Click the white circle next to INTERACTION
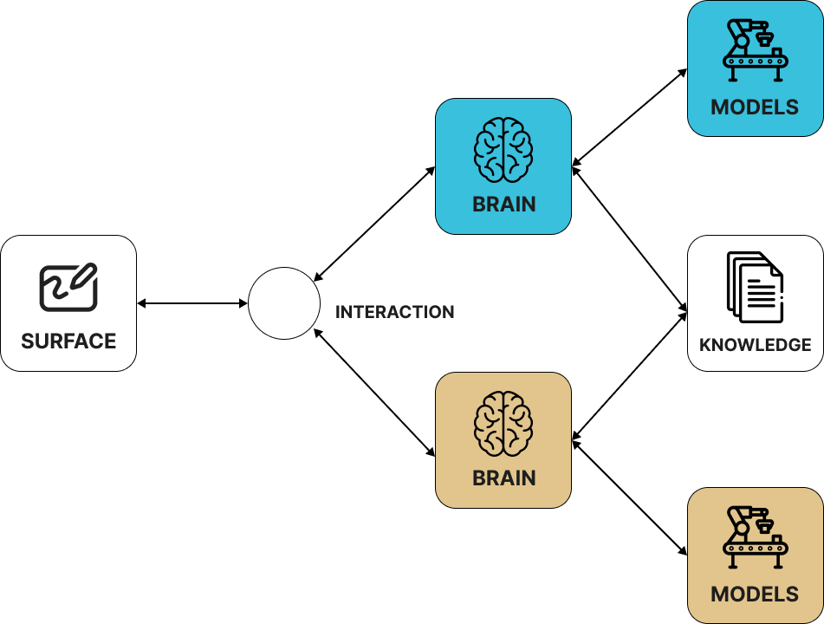pos(284,303)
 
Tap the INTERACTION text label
pos(394,312)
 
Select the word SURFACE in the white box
pos(68,341)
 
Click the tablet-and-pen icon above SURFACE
pos(68,288)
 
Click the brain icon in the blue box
pos(503,150)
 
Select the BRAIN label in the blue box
pos(503,205)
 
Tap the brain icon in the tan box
pos(503,424)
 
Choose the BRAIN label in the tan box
pos(503,478)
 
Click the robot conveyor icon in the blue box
pos(755,51)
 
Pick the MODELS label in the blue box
pos(755,107)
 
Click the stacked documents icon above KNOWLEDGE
pos(755,287)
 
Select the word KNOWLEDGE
pos(755,345)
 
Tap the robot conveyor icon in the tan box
pos(755,537)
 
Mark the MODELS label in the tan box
pos(755,594)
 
